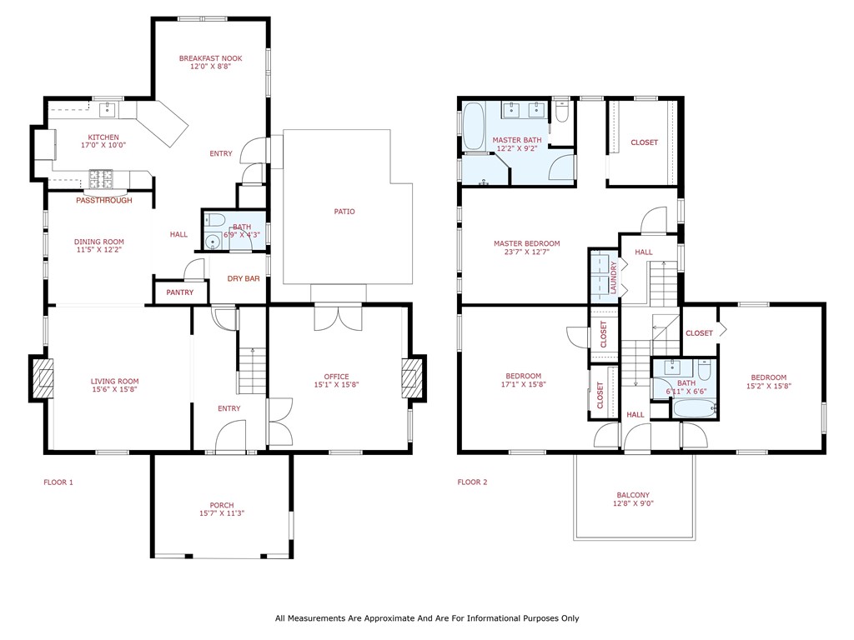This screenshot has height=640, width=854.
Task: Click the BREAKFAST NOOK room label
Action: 210,58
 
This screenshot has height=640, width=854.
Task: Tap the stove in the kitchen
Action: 101,177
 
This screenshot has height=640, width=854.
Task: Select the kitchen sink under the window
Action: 108,109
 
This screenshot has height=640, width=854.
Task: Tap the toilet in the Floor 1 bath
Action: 213,221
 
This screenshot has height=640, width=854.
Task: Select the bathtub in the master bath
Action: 474,125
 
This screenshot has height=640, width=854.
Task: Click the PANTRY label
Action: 179,292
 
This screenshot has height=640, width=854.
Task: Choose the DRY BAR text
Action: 244,278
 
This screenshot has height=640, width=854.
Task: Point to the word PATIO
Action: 344,212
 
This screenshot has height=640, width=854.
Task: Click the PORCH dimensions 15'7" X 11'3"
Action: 222,514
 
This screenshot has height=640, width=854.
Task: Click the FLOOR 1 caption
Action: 58,482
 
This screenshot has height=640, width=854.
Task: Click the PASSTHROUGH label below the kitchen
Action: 103,201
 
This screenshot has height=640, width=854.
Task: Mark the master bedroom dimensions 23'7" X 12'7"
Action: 526,253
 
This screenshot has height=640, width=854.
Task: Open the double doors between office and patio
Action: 338,317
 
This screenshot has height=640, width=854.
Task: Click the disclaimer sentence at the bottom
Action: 427,618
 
